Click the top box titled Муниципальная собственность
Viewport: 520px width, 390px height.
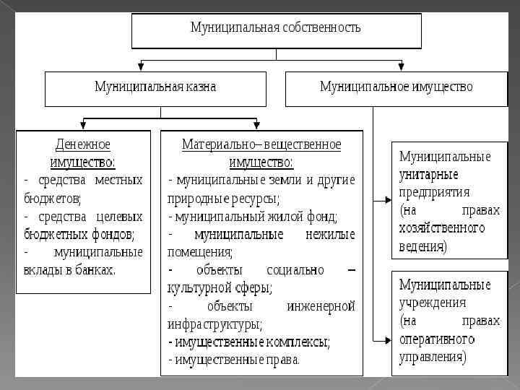click(275, 29)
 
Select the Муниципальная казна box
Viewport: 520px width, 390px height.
click(155, 87)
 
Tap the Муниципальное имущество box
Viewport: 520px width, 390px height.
click(396, 87)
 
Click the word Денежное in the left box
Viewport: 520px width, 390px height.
click(83, 144)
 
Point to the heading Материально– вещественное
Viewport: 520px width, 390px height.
click(261, 144)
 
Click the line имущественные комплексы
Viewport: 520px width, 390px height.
click(249, 342)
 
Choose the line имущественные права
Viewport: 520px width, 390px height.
click(235, 359)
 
